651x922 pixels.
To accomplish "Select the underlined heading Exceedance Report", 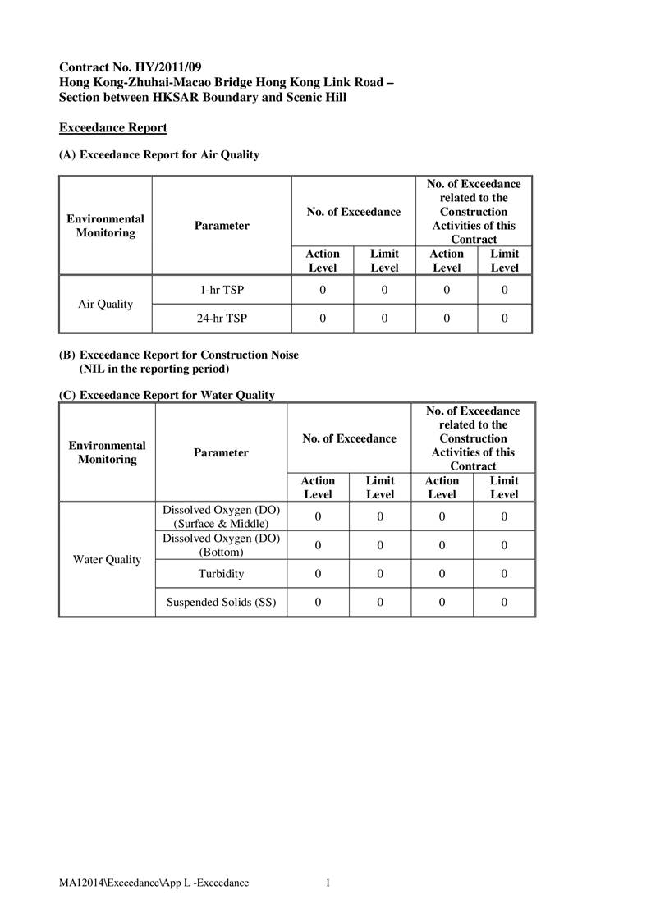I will point(113,128).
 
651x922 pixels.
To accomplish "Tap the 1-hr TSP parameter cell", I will point(222,290).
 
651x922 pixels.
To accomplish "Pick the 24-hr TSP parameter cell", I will point(222,319).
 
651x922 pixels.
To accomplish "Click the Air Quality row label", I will point(105,304).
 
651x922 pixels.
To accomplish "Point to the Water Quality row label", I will point(107,560).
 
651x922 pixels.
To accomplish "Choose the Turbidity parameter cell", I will point(221,574).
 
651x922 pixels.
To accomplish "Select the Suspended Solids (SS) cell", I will point(221,603).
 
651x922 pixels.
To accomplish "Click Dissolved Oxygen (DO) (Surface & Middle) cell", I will point(222,516).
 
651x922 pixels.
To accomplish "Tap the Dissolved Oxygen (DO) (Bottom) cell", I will point(222,545).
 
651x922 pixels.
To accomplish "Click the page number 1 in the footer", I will point(328,883).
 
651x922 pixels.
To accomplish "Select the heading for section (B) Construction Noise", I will point(179,355).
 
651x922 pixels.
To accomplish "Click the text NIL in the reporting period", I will point(154,369).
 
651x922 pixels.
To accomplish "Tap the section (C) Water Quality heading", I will point(167,396).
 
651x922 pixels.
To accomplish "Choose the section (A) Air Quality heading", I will point(159,154).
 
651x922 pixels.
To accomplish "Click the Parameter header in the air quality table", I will point(222,226).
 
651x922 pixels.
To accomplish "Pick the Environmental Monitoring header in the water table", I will point(107,452).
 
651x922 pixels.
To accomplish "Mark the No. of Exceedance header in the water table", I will point(349,438).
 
